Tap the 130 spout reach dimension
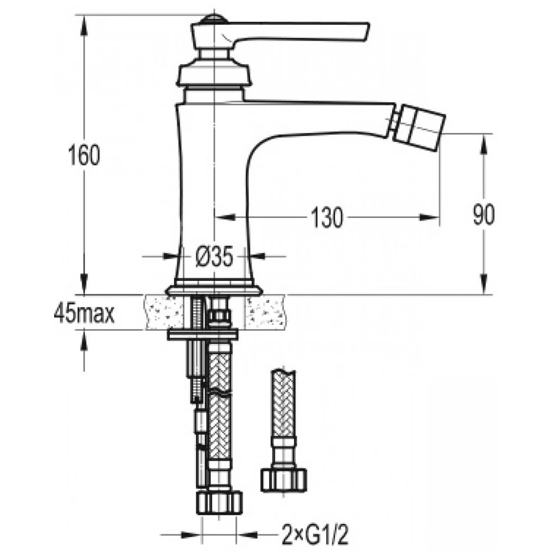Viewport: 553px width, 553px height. (x=327, y=217)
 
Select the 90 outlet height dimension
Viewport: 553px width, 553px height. (x=484, y=215)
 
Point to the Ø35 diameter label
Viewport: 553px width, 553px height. (x=214, y=256)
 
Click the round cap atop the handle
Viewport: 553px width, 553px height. (x=211, y=19)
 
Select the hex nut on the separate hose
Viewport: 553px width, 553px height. (x=284, y=480)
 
